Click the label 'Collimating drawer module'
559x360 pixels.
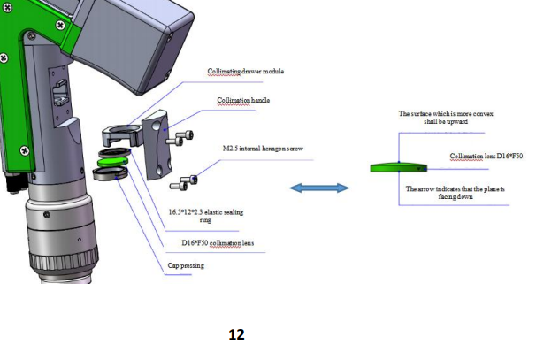click(245, 71)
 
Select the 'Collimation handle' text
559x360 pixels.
click(243, 100)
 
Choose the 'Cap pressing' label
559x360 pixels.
click(186, 264)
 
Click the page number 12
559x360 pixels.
click(235, 334)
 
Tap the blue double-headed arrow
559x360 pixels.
click(319, 188)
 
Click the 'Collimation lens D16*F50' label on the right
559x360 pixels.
click(485, 156)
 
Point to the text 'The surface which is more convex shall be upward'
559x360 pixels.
click(433, 118)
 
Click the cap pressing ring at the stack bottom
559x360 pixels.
click(111, 173)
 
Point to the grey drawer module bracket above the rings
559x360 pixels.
click(121, 135)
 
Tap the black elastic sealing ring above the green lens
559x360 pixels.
click(114, 153)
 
